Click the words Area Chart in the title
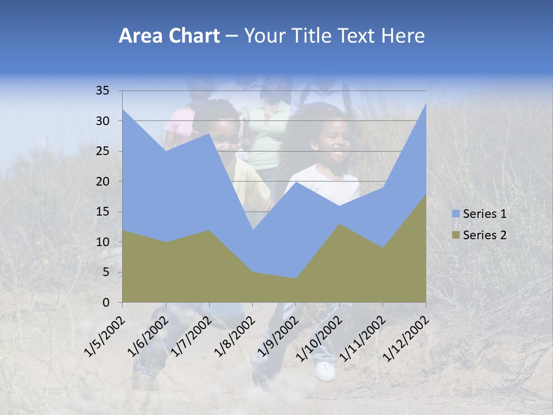pos(169,36)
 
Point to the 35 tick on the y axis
pos(103,90)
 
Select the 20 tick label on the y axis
pos(103,182)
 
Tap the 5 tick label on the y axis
pos(106,272)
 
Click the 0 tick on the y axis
pos(106,303)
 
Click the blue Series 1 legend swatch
pos(456,214)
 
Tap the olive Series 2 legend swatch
pos(456,235)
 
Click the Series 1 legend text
pos(484,214)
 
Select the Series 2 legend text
pos(484,235)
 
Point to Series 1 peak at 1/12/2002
pos(426,103)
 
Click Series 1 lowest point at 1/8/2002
pos(252,230)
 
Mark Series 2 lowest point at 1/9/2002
pos(296,278)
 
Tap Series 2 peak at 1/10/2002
pos(339,224)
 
